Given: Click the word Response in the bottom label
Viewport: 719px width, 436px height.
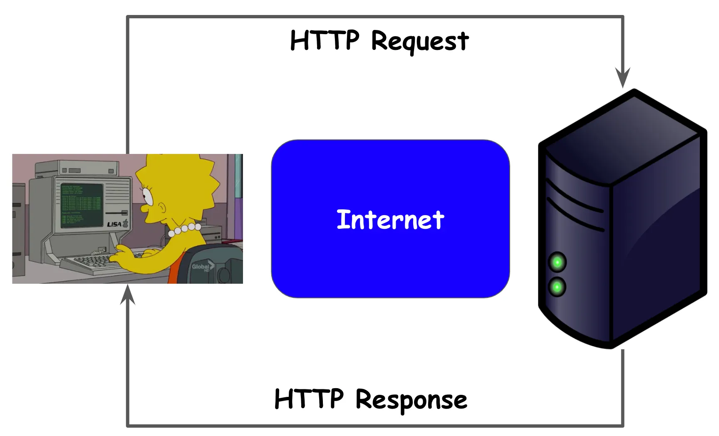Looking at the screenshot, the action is (x=411, y=400).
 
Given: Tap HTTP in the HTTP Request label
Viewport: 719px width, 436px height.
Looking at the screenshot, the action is (x=324, y=40).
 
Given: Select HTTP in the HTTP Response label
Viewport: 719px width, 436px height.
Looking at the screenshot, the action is (x=309, y=399).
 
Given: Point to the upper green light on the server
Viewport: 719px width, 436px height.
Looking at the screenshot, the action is (x=557, y=263).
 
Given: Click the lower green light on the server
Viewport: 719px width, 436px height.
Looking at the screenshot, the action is (x=557, y=287).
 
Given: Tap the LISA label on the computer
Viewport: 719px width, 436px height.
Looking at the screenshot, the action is (x=115, y=224).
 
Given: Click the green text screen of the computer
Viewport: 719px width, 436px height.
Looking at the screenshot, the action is (x=82, y=205).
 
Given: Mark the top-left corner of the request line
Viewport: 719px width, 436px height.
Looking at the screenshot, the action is (x=128, y=17).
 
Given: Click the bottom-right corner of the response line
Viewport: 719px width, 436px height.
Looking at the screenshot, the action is (x=623, y=425).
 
